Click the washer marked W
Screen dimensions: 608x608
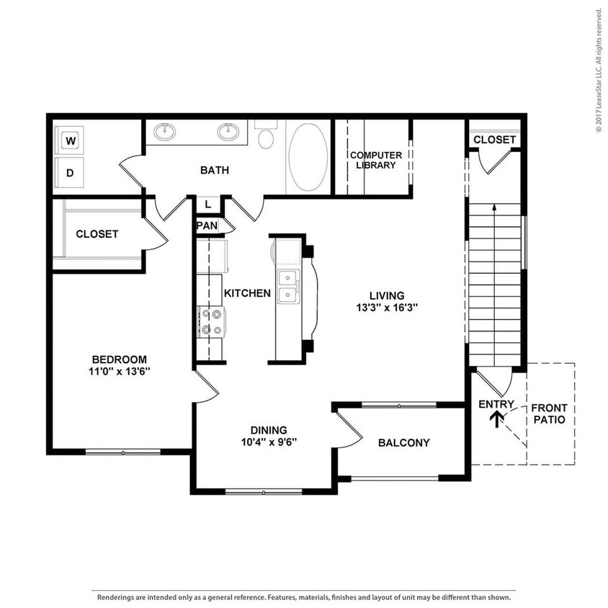click(x=71, y=140)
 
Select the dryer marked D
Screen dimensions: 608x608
click(x=71, y=173)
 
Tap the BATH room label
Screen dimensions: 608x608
click(x=215, y=171)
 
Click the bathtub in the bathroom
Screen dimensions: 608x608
click(x=308, y=157)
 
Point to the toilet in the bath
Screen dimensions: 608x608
click(x=266, y=136)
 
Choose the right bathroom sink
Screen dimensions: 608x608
click(x=229, y=131)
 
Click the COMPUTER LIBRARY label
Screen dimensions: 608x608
click(x=375, y=160)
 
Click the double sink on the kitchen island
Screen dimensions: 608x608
click(x=290, y=286)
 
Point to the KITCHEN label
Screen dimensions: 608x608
click(x=247, y=293)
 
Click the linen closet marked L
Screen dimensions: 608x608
click(x=207, y=205)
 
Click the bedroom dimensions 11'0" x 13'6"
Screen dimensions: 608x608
click(x=120, y=372)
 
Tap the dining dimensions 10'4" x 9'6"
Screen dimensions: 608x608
click(x=269, y=442)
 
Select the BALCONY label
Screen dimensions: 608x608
click(x=403, y=443)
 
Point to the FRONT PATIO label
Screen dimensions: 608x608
click(x=549, y=413)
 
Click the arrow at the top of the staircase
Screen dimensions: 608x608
click(x=494, y=208)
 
